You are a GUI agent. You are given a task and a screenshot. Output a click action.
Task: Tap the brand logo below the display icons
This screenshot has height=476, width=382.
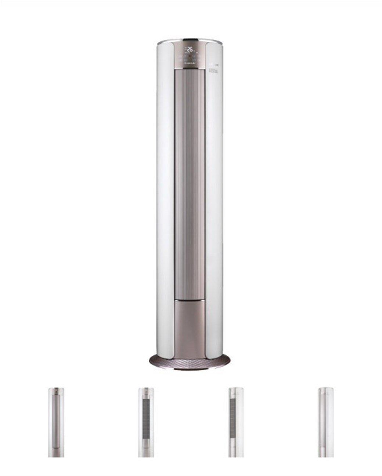click(190, 63)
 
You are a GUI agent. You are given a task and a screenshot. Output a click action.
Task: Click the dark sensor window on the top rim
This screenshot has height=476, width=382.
click(190, 39)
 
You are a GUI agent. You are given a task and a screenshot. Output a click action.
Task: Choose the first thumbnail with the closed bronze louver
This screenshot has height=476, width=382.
click(56, 422)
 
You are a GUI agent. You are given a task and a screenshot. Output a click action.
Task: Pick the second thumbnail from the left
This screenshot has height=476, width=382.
click(146, 422)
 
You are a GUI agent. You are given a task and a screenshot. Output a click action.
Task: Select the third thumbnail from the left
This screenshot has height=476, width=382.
click(235, 422)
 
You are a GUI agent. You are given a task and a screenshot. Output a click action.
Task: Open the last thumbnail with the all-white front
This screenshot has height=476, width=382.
click(325, 422)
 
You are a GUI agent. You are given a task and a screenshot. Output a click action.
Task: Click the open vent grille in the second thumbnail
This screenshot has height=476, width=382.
click(146, 418)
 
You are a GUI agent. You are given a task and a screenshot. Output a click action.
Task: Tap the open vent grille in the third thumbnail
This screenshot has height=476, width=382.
click(235, 418)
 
